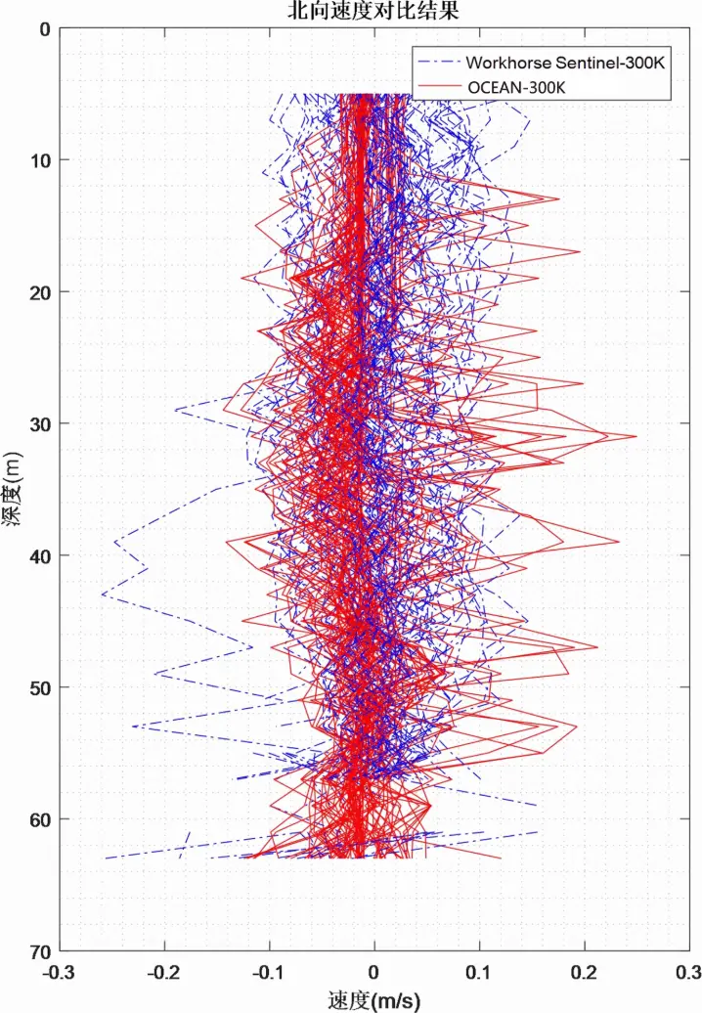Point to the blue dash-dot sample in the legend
[x=436, y=62]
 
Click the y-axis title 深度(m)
[x=13, y=488]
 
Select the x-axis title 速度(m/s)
[x=373, y=1000]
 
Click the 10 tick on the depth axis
[x=39, y=160]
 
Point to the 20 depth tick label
[x=39, y=291]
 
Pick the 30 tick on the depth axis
[x=39, y=423]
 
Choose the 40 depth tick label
[x=39, y=555]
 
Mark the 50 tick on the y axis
[x=39, y=687]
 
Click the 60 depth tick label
[x=39, y=818]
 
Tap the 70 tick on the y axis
[x=39, y=950]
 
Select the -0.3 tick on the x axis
[x=58, y=973]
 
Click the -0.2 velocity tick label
[x=163, y=973]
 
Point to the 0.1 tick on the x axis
[x=480, y=973]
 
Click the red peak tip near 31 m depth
[x=636, y=436]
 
